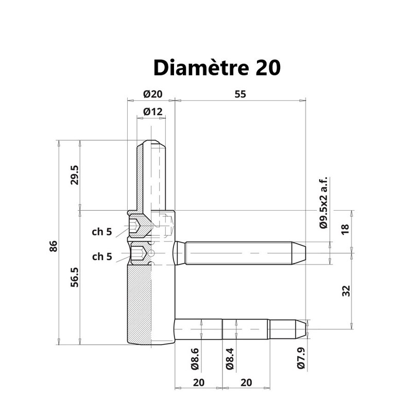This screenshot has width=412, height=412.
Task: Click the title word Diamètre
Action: tap(201, 67)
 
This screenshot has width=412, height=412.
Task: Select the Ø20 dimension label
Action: tap(153, 94)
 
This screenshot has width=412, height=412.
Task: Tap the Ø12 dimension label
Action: tap(153, 112)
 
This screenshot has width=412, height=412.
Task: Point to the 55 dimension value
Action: tap(240, 94)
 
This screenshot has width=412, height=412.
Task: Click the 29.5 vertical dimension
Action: tap(75, 175)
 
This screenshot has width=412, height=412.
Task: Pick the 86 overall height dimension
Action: tap(54, 246)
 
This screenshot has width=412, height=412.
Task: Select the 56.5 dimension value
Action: tap(75, 277)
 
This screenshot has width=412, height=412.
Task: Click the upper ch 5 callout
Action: tap(102, 232)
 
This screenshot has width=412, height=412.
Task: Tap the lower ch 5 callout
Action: tap(102, 256)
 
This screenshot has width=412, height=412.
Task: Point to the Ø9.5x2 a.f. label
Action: tap(324, 203)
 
